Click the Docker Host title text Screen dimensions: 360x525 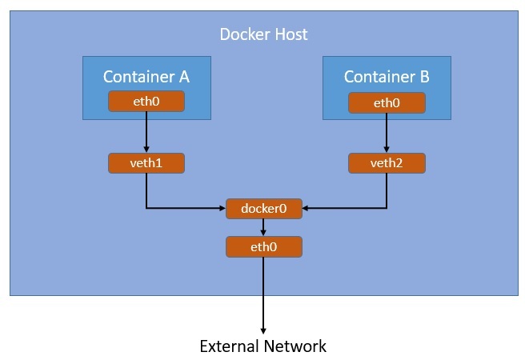pos(263,35)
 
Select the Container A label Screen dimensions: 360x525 pos(146,77)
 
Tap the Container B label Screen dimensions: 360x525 pos(387,77)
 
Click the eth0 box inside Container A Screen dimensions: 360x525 pos(146,102)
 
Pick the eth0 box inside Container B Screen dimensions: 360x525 pos(387,102)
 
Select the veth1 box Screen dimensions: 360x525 pos(146,163)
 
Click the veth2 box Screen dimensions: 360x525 pos(387,163)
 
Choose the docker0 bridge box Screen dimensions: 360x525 pos(264,208)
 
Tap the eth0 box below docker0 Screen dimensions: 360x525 pos(264,246)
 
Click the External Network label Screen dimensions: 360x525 pos(263,346)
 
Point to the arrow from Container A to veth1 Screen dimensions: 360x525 pos(146,132)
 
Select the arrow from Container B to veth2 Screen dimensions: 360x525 pos(387,132)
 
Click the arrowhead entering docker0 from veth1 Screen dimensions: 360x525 pos(222,208)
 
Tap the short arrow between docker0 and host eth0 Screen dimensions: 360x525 pos(264,227)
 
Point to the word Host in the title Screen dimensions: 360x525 pos(291,35)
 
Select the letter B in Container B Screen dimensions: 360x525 pos(424,77)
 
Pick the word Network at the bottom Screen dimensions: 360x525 pos(297,346)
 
